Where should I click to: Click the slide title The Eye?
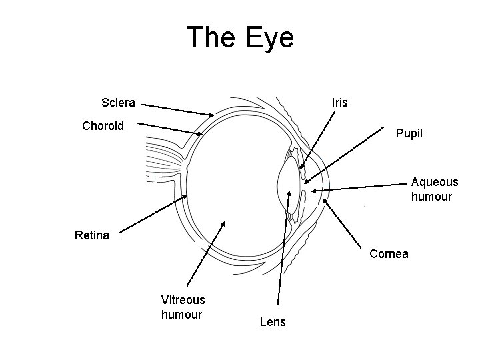click(x=240, y=37)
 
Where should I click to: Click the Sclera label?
click(x=118, y=103)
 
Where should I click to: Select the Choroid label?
click(x=103, y=125)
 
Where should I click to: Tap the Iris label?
click(x=339, y=103)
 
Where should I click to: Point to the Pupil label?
click(x=409, y=133)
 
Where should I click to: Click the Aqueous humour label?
click(x=434, y=189)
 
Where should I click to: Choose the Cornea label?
click(x=389, y=254)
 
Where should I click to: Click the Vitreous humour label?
click(x=183, y=307)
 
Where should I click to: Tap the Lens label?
click(x=272, y=322)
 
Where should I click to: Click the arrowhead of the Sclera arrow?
click(x=213, y=116)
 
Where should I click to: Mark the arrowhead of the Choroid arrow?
click(x=202, y=135)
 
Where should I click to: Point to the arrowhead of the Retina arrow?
click(x=187, y=195)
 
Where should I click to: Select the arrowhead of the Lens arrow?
click(x=289, y=191)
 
